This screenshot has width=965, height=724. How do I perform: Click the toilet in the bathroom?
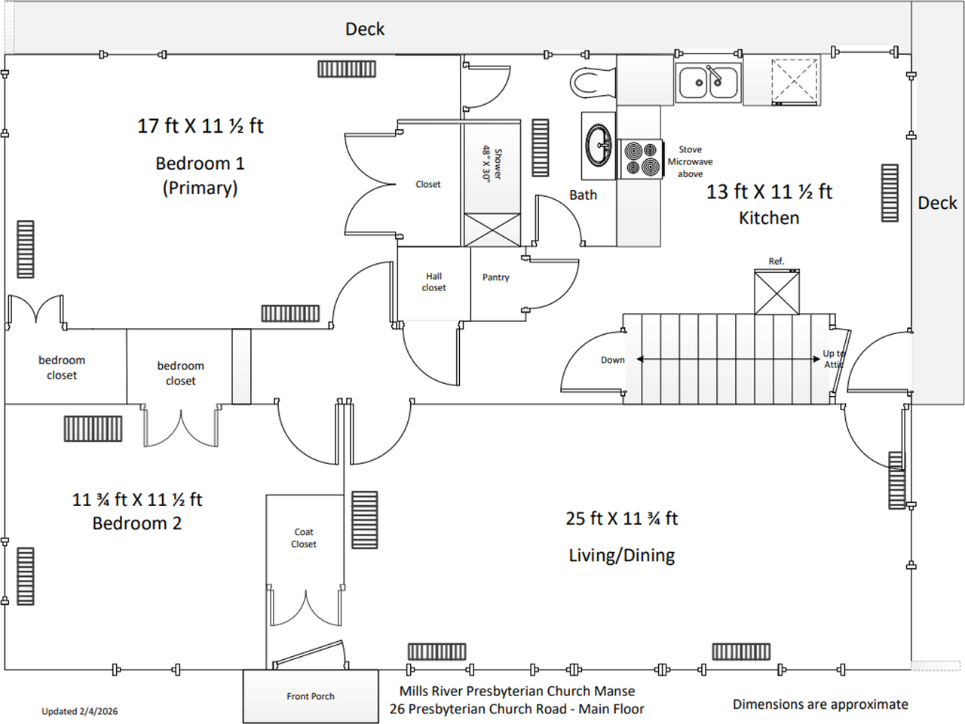(592, 82)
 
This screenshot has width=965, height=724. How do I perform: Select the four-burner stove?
(640, 159)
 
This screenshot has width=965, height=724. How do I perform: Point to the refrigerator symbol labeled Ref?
(777, 292)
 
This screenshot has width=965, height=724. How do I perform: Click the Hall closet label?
(433, 282)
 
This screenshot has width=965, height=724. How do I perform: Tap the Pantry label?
(495, 278)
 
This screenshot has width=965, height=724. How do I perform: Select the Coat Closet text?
(304, 538)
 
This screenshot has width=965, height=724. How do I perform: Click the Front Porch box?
(311, 696)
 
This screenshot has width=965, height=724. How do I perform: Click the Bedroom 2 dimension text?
(137, 499)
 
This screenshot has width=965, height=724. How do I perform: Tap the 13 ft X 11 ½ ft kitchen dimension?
(769, 192)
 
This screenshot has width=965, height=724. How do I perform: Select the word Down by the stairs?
(612, 360)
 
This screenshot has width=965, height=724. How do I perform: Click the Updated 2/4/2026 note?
(79, 711)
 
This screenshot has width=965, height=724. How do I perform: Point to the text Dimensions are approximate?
(820, 704)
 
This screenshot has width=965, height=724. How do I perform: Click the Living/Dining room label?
(622, 556)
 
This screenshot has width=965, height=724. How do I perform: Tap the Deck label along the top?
(365, 29)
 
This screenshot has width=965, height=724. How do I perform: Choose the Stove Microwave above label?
(690, 161)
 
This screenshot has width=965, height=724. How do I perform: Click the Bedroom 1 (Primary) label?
(201, 175)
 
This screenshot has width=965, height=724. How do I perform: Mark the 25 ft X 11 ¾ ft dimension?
(622, 519)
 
